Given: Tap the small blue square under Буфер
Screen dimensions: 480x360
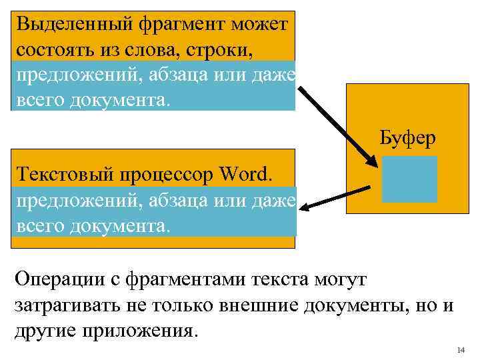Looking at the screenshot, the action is pos(409,179).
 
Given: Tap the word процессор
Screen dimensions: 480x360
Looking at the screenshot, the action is pos(167,175).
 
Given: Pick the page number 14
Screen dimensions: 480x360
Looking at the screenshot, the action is pos(461,351).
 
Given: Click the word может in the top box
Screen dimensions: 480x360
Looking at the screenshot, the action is pos(260,25).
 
